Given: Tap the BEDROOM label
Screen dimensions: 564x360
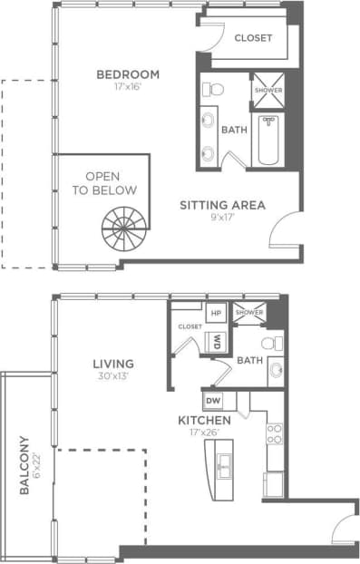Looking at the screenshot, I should (129, 74).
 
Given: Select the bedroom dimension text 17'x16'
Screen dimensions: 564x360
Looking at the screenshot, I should (129, 89).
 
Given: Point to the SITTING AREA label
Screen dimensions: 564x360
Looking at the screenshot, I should (222, 205).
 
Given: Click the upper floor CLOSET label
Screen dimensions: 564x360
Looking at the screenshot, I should (254, 38).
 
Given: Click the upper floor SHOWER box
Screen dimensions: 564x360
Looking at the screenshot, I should (268, 91).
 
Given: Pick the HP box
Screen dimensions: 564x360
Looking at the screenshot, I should (217, 314).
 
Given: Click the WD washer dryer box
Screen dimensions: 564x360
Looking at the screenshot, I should (218, 342).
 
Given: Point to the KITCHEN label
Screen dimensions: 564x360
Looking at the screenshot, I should (204, 422).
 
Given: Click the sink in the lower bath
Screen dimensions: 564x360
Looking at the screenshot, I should (274, 373).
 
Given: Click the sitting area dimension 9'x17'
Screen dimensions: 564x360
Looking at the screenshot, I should (222, 219).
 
